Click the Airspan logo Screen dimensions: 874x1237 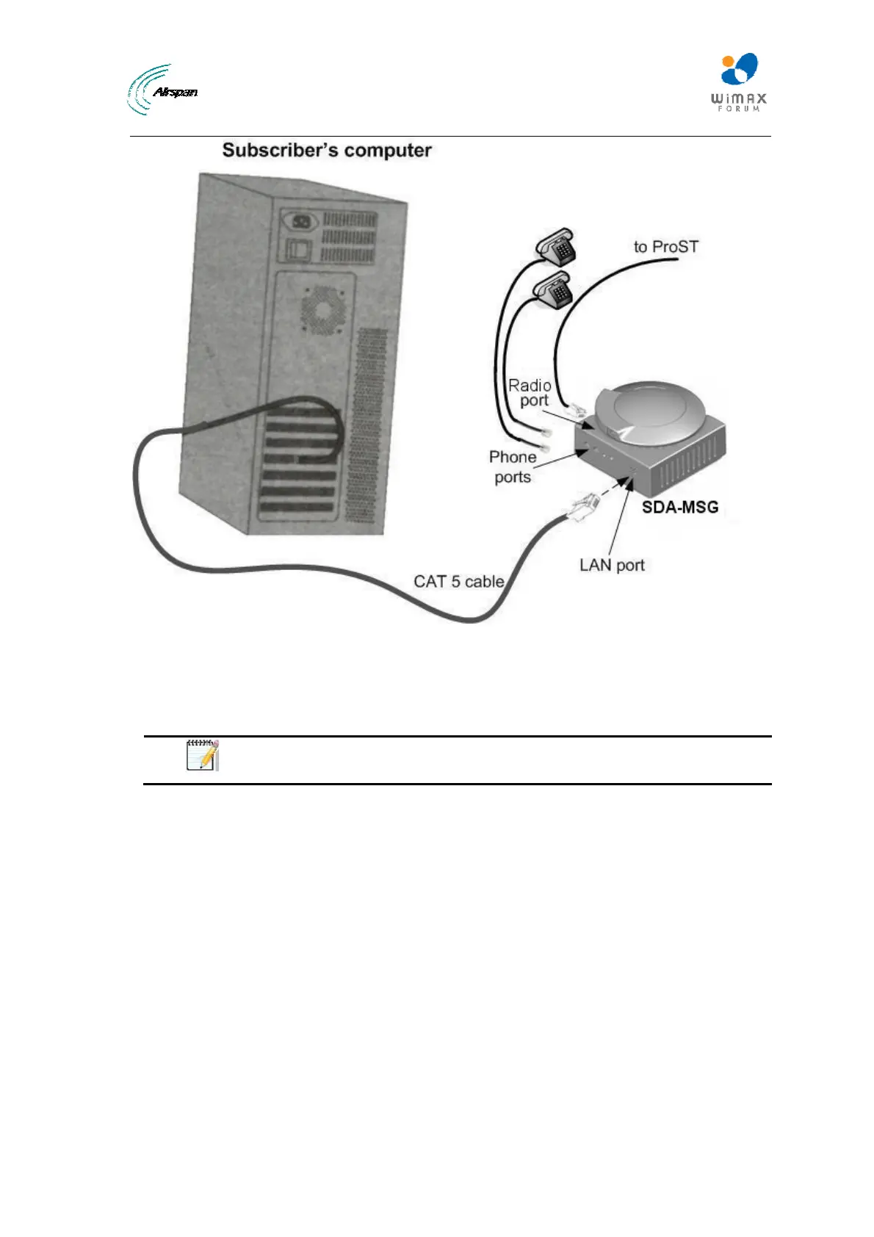click(x=162, y=90)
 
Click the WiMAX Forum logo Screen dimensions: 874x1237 click(x=737, y=82)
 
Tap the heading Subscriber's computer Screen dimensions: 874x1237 click(x=327, y=151)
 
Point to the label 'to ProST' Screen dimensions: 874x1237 click(x=665, y=247)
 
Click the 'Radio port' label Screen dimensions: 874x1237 click(x=530, y=393)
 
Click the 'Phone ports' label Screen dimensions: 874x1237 click(x=512, y=466)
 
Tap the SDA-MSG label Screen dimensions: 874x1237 click(x=680, y=507)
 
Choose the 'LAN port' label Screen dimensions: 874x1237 click(x=612, y=565)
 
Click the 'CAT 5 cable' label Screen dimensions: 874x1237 click(x=459, y=582)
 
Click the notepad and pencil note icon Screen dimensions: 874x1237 click(x=202, y=755)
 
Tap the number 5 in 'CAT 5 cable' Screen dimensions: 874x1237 click(x=455, y=582)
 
